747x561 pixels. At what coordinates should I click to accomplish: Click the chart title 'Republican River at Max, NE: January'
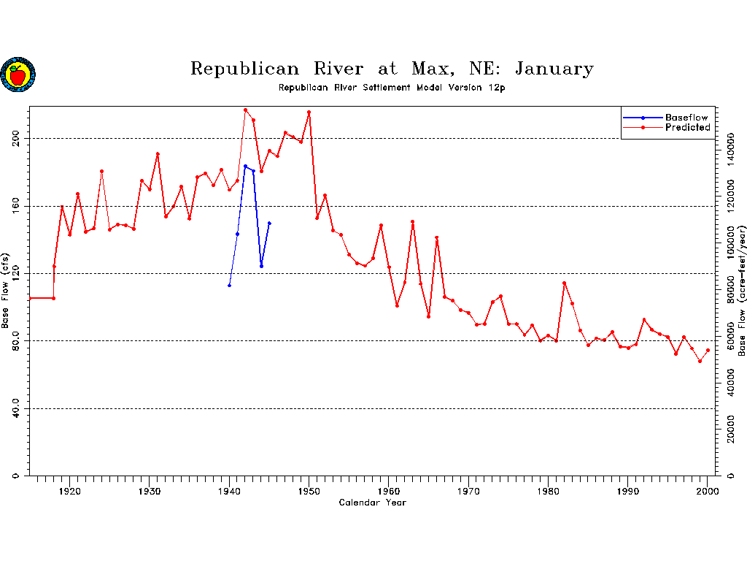click(x=392, y=69)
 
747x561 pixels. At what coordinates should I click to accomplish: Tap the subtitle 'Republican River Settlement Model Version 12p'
click(x=392, y=88)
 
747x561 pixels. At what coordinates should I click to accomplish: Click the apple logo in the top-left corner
click(x=18, y=75)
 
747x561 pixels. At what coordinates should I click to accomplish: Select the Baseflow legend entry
click(x=686, y=117)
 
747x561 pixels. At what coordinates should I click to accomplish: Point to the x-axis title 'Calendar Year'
click(x=372, y=503)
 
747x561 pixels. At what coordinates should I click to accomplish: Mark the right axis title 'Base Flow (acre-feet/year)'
click(x=741, y=291)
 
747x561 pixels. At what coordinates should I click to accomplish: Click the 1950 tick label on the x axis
click(x=309, y=492)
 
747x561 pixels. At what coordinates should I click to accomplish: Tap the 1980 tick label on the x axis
click(x=549, y=492)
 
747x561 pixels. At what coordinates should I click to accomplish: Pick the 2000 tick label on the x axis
click(x=708, y=492)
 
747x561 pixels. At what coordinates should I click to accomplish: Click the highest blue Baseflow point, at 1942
click(x=245, y=166)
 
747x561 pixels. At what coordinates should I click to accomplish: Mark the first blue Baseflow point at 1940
click(x=229, y=286)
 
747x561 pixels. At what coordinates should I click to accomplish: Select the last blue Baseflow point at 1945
click(x=269, y=224)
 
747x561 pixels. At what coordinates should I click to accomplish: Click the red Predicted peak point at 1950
click(x=309, y=112)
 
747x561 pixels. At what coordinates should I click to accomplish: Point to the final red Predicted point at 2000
click(x=708, y=351)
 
